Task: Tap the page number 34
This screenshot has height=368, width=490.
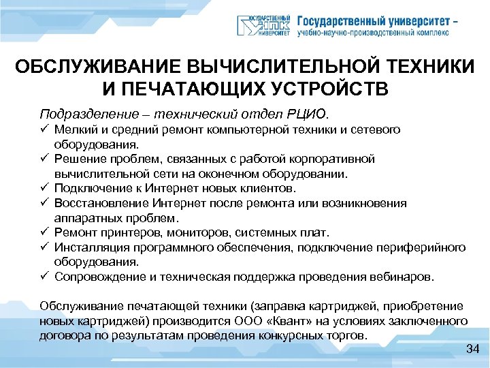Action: click(x=473, y=350)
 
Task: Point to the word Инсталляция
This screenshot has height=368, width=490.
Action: click(x=87, y=247)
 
